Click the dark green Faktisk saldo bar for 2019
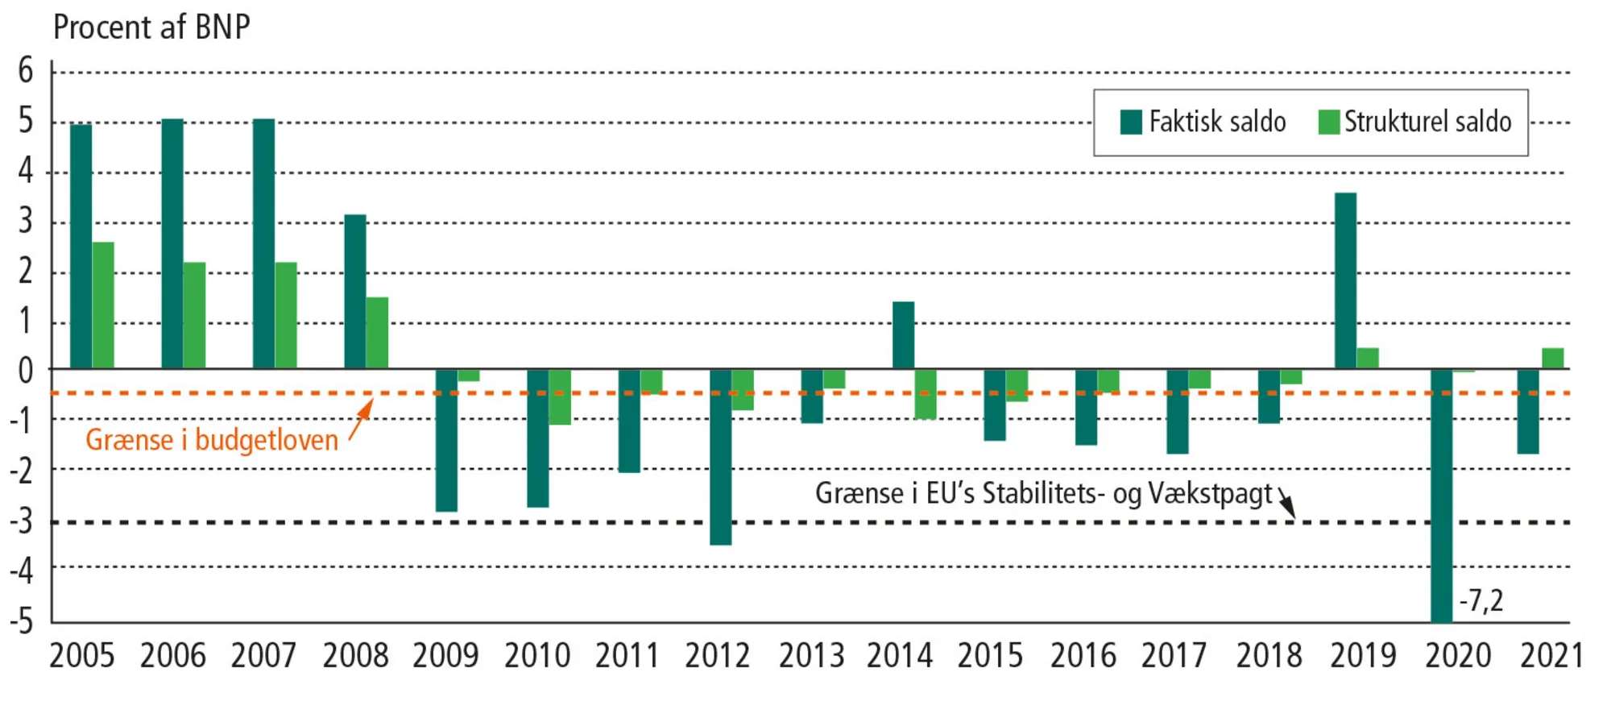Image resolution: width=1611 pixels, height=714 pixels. coord(1345,280)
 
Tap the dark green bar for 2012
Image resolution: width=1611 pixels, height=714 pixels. coord(720,457)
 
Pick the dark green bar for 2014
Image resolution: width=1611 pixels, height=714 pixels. coord(903,335)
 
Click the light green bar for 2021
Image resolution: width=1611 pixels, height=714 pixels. coord(1552,359)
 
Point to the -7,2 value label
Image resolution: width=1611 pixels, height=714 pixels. coord(1481,600)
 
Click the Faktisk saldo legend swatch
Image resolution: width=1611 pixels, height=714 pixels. coord(1131,122)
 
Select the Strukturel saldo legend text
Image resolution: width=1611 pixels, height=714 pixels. coord(1427,122)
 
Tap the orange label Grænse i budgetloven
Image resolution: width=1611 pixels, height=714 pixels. coord(212,441)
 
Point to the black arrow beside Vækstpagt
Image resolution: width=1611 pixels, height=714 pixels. coord(1286,504)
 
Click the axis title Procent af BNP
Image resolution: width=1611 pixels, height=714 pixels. coord(151,27)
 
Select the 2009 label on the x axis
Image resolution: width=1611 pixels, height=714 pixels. coord(445,656)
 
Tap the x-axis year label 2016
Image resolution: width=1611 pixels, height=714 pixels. coord(1083,656)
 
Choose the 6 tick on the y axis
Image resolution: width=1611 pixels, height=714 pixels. coord(26,71)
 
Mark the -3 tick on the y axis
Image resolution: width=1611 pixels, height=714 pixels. coord(23,522)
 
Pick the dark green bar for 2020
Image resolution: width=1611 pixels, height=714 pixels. coord(1441,495)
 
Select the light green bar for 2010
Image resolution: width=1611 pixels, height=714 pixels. coord(560,397)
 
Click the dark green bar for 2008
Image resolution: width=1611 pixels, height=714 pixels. coord(355,292)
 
